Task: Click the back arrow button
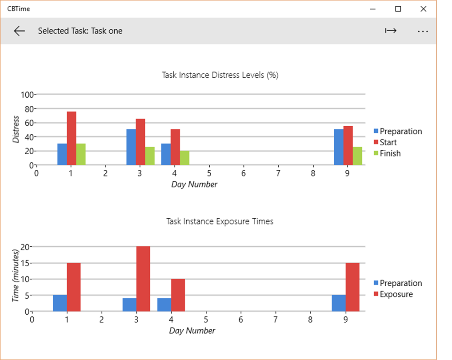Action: pyautogui.click(x=19, y=31)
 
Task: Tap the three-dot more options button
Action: pyautogui.click(x=422, y=31)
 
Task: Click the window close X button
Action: pyautogui.click(x=423, y=9)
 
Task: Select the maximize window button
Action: pyautogui.click(x=398, y=9)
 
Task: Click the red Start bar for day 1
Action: pyautogui.click(x=72, y=138)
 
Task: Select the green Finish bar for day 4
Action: pyautogui.click(x=184, y=158)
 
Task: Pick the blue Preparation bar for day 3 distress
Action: pyautogui.click(x=131, y=147)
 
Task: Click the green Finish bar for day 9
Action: pyautogui.click(x=357, y=156)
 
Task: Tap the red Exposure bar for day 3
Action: pyautogui.click(x=143, y=279)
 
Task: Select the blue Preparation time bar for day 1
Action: pyautogui.click(x=60, y=303)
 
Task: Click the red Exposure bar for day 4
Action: pyautogui.click(x=178, y=295)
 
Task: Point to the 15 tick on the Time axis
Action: pyautogui.click(x=24, y=263)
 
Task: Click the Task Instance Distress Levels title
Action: pyautogui.click(x=220, y=75)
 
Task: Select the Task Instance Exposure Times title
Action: pyautogui.click(x=220, y=221)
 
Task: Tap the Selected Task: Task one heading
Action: pyautogui.click(x=80, y=31)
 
